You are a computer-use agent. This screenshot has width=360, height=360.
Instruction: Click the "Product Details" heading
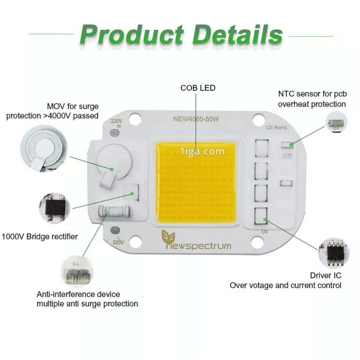[x=181, y=35]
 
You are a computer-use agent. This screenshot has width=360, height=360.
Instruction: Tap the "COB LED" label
[x=198, y=88]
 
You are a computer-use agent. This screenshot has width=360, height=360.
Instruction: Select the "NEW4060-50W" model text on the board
[x=196, y=119]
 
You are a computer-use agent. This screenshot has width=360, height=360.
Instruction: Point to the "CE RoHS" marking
[x=276, y=127]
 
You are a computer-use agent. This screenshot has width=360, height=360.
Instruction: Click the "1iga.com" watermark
[x=202, y=152]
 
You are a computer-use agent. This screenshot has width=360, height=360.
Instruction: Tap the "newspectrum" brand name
[x=198, y=246]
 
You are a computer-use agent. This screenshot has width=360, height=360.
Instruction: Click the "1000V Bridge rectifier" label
[x=40, y=237]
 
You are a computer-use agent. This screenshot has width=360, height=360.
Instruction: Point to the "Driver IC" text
[x=325, y=275]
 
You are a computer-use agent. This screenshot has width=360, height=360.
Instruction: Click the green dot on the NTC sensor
[x=291, y=144]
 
